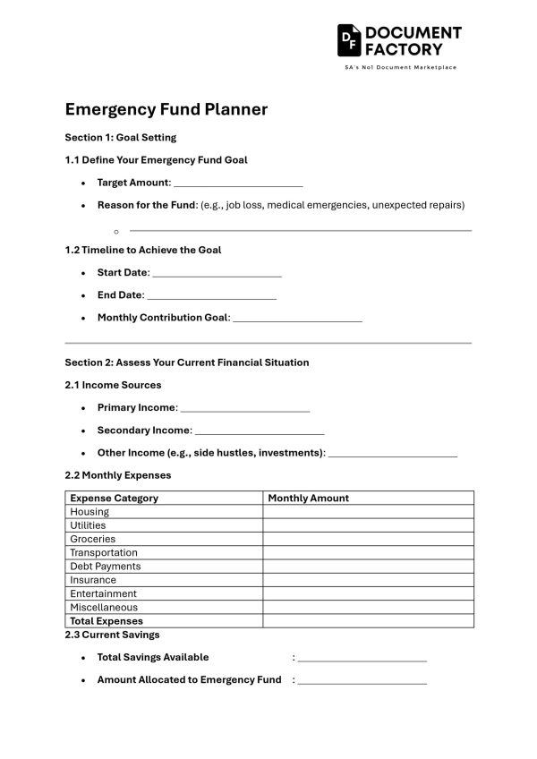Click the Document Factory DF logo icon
click(x=349, y=40)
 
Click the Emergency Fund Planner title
click(x=166, y=109)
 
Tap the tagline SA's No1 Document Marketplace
click(x=400, y=68)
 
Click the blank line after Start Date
click(x=217, y=275)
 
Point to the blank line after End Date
click(x=212, y=297)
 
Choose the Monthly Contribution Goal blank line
click(x=297, y=320)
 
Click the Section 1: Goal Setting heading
click(x=120, y=137)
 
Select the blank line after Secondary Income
click(x=259, y=432)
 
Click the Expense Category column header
click(x=114, y=498)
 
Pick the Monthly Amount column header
click(x=308, y=498)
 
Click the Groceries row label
click(x=92, y=539)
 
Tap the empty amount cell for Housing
click(x=368, y=512)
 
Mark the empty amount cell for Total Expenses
click(x=368, y=621)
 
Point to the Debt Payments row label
click(x=105, y=567)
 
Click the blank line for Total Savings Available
click(x=362, y=660)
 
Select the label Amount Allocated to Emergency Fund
click(x=189, y=679)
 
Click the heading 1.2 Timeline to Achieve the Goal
click(x=142, y=250)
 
